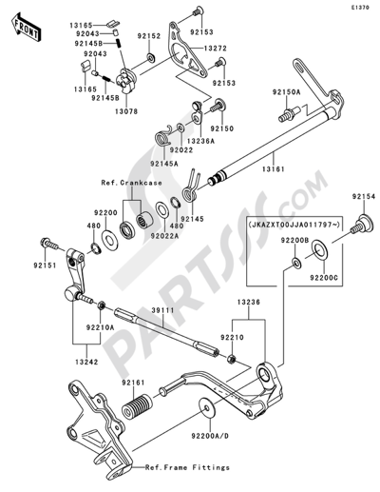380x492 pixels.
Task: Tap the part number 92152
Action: (x=148, y=34)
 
